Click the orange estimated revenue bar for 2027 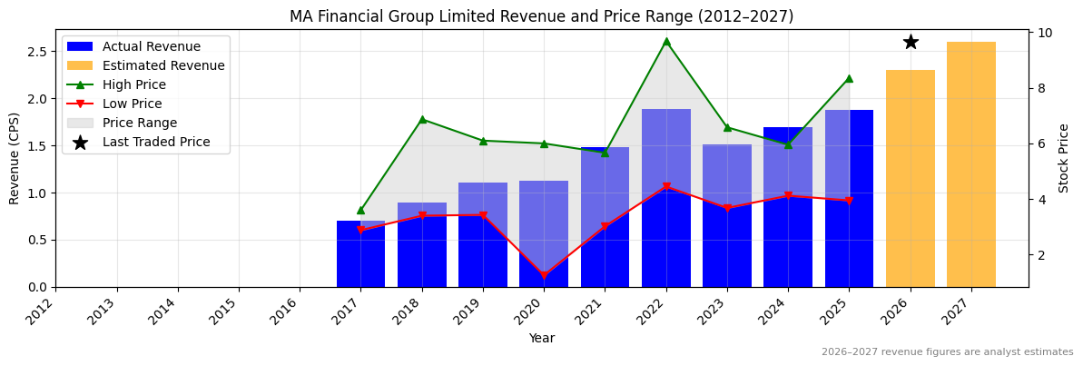[970, 164]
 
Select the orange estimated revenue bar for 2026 [910, 178]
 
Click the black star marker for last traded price [911, 42]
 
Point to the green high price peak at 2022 [666, 41]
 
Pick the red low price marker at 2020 [544, 275]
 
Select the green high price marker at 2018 [422, 119]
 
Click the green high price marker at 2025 [849, 78]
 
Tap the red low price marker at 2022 [666, 187]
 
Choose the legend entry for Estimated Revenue [163, 65]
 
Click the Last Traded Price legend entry [156, 142]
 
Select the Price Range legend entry [140, 123]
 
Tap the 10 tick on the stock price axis [1046, 33]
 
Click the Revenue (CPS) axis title [15, 158]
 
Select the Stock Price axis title [1064, 158]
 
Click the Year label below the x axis [541, 338]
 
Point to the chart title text [541, 16]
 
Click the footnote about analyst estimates [947, 352]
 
